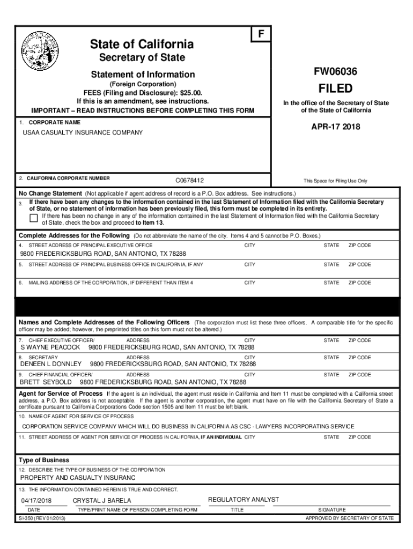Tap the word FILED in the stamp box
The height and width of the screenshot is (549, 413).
pos(336,88)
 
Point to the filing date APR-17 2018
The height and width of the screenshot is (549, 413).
pos(336,127)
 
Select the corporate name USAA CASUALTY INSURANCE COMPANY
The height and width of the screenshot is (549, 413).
pos(82,132)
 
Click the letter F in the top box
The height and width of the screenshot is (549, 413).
pos(261,34)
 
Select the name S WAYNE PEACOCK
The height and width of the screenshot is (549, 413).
pos(50,347)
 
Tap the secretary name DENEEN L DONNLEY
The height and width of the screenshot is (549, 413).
pos(51,364)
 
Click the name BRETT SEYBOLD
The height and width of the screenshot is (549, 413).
pos(46,382)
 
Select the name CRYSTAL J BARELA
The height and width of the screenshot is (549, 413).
pos(102,501)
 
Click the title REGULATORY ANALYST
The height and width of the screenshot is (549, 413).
pos(244,500)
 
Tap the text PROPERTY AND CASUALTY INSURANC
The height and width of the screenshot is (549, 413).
pos(78,478)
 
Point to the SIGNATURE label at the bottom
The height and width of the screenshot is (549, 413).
pos(332,510)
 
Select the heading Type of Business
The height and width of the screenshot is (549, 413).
pos(44,460)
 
